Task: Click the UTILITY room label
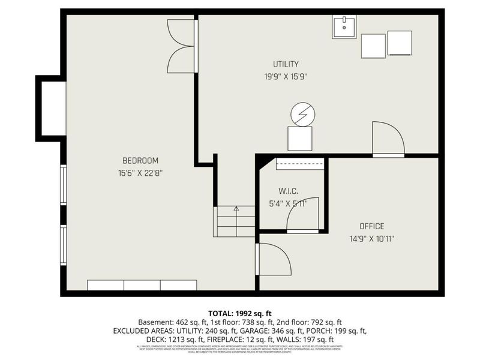click(286, 64)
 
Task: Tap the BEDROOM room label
click(140, 160)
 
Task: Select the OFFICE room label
click(371, 226)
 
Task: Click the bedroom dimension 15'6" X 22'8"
click(140, 173)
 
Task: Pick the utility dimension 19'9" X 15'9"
click(286, 76)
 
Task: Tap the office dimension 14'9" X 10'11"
click(371, 238)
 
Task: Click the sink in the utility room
click(344, 27)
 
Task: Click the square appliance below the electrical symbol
click(300, 138)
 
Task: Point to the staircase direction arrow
click(236, 209)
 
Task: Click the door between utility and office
click(388, 139)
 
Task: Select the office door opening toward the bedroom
click(273, 259)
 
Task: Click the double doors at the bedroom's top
click(182, 46)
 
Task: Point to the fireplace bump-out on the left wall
click(52, 109)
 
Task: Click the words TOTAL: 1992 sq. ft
click(239, 313)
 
